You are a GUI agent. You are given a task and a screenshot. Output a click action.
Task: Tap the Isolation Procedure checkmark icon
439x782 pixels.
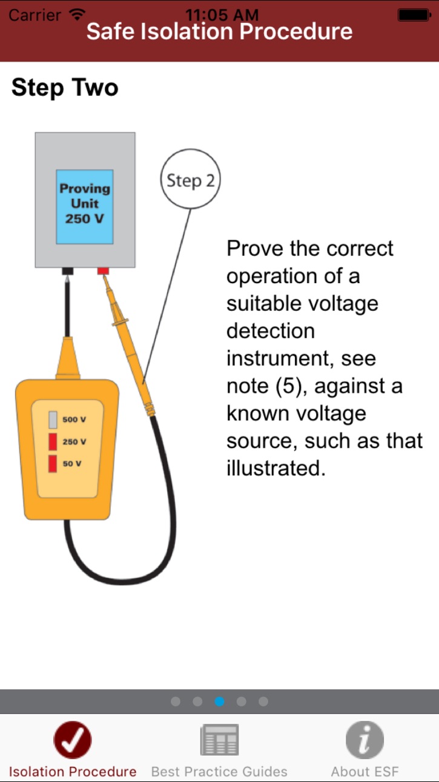click(73, 740)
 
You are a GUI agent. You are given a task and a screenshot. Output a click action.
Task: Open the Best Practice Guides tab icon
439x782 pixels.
click(219, 740)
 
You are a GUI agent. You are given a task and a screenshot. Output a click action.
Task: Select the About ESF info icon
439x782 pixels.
click(365, 740)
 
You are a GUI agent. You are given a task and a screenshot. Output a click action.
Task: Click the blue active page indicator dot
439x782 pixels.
click(219, 701)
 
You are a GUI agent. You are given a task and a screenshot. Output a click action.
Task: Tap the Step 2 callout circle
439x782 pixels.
click(190, 179)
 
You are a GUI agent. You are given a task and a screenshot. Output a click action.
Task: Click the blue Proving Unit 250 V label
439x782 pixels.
click(85, 207)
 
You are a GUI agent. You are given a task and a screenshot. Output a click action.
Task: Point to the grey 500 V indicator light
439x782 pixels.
click(53, 419)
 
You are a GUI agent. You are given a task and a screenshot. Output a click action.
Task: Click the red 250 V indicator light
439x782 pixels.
click(53, 442)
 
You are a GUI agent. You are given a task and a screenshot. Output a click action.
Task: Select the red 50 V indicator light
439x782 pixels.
click(53, 464)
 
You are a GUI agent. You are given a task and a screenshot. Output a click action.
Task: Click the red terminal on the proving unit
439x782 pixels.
click(103, 271)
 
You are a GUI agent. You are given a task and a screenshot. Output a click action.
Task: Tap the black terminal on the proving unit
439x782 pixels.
click(68, 271)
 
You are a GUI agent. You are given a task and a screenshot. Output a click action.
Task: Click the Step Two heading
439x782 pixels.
click(65, 88)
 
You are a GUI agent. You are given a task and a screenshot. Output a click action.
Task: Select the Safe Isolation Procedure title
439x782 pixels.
click(219, 32)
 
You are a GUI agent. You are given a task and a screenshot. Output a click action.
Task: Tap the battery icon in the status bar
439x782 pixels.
click(414, 15)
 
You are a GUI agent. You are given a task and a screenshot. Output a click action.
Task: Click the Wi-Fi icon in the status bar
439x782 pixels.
click(77, 14)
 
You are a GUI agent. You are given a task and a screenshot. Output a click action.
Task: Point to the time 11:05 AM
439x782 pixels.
click(222, 15)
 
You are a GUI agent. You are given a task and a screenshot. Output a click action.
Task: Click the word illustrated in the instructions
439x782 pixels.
click(276, 468)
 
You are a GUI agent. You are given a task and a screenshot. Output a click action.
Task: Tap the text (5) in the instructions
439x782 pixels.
click(288, 386)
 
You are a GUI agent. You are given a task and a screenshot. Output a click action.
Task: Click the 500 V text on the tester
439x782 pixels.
click(74, 419)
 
